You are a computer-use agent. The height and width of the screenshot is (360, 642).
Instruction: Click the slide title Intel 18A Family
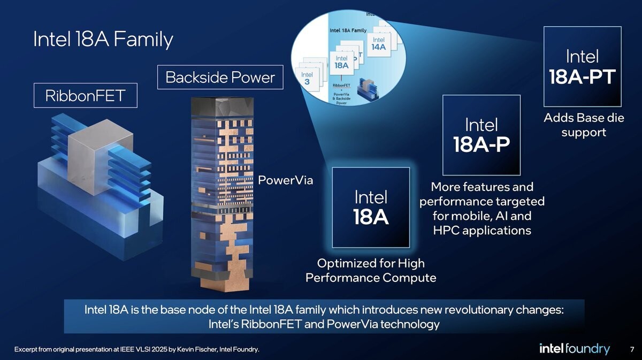(103, 40)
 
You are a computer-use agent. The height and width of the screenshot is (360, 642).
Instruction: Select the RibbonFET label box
(85, 96)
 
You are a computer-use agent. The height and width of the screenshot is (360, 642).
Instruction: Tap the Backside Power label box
(219, 78)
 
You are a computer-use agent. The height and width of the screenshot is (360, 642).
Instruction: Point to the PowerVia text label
(285, 180)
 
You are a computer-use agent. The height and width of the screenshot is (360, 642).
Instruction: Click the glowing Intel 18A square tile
(371, 208)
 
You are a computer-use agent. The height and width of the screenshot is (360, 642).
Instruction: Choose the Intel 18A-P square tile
(481, 135)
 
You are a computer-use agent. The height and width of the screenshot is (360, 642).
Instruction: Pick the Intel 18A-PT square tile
(582, 66)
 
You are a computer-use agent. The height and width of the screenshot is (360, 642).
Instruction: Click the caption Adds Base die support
(584, 125)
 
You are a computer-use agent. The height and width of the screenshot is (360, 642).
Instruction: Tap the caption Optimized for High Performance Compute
(370, 270)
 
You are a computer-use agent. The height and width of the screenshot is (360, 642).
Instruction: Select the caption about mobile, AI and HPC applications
(481, 209)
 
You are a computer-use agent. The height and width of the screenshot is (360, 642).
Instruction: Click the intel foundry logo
(574, 349)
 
